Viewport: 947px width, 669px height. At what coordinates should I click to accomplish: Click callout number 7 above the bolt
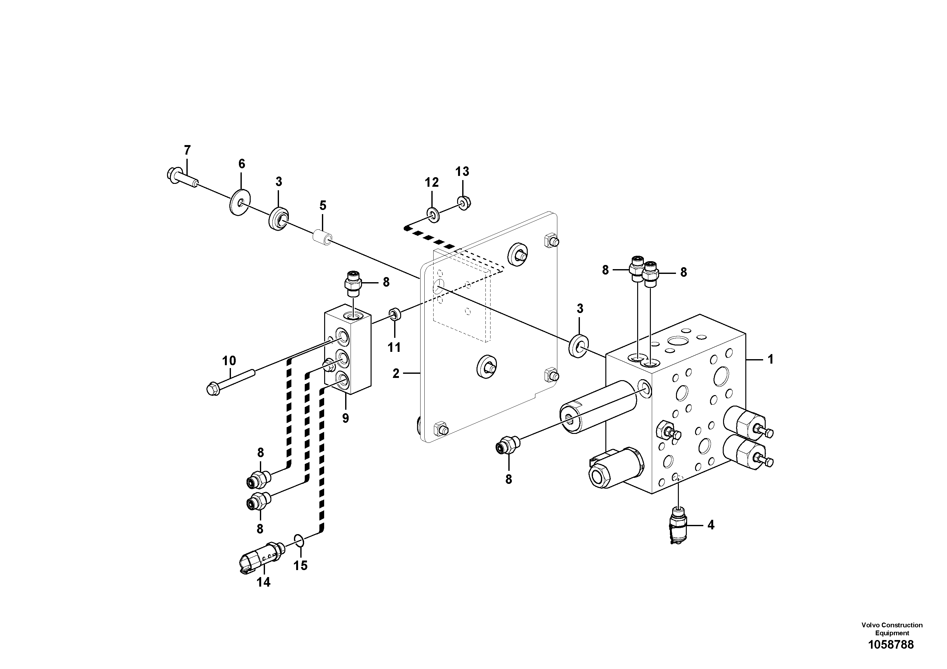coord(187,150)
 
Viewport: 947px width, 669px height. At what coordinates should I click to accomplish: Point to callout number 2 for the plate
coord(396,374)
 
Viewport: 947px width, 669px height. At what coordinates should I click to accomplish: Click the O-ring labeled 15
coord(299,540)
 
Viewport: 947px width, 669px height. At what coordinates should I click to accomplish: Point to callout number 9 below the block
coord(345,418)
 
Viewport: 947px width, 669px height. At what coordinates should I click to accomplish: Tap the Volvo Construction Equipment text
coord(892,629)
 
